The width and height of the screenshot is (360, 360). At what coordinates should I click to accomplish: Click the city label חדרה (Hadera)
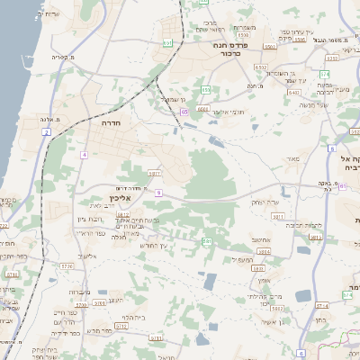112,120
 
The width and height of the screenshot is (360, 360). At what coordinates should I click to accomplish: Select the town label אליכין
131,197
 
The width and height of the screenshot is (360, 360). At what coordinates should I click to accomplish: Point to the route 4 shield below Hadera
84,155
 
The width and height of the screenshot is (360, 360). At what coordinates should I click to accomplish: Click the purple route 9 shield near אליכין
157,193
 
